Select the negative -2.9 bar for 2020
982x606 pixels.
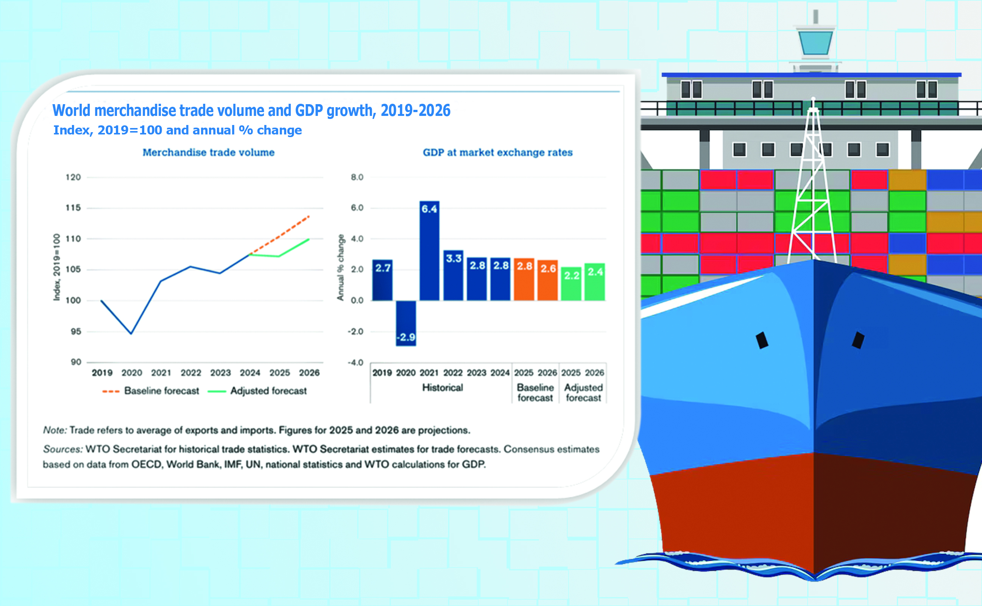(406, 323)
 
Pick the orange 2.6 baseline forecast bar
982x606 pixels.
(547, 280)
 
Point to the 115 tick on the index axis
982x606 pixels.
(73, 208)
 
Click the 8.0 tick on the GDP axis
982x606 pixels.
(357, 177)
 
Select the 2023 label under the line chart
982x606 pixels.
(220, 373)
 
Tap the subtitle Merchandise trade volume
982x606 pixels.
(208, 152)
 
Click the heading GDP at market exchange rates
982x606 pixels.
(497, 152)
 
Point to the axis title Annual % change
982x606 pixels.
(340, 267)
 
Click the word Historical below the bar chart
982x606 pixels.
(442, 387)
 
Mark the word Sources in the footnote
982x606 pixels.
(62, 449)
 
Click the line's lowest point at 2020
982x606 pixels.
(131, 333)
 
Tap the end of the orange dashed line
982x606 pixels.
(309, 216)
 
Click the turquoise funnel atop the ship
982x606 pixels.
(815, 42)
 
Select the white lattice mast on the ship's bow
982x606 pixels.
(813, 180)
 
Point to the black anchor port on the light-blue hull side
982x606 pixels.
(762, 340)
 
